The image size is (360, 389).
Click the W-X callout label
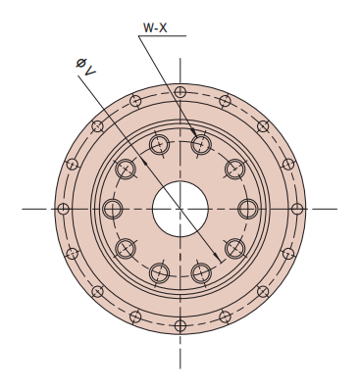coord(156,28)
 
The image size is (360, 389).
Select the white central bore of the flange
coord(180,208)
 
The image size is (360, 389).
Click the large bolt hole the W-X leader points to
coord(201,144)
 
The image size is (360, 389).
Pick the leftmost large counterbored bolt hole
coord(112,208)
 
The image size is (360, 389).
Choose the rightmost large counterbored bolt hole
coord(248,208)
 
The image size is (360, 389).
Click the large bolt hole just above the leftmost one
coord(126,169)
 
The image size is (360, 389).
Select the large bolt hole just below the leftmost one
coord(126,247)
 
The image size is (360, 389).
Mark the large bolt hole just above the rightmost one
coord(234,169)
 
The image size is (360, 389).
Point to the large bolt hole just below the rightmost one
coord(234,247)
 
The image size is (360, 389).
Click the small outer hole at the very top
coord(180,90)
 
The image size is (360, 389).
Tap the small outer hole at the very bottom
coord(180,324)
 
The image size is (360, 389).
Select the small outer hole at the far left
coord(63,208)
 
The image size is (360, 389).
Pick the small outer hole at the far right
coord(297,208)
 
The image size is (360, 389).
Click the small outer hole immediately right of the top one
coord(225,100)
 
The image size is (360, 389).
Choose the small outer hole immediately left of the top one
coord(135,100)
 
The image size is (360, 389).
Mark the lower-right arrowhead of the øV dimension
coord(206,265)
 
